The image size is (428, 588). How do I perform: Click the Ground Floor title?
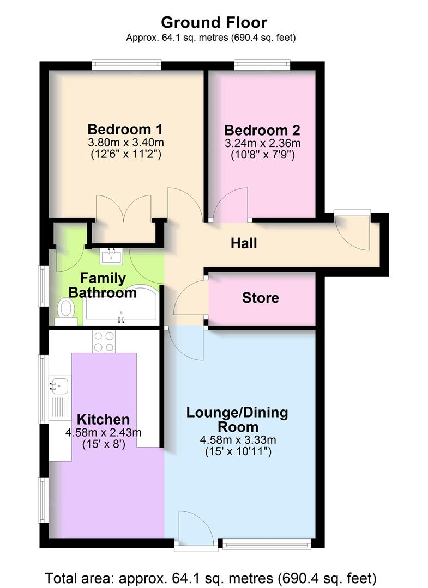[214, 22]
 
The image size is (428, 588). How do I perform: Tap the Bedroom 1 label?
[125, 130]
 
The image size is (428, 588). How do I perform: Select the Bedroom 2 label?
[262, 131]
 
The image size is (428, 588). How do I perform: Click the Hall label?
[244, 243]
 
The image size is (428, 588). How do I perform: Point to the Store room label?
[260, 298]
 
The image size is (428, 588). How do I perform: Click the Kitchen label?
[103, 419]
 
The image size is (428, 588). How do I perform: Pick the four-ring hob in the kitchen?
[104, 341]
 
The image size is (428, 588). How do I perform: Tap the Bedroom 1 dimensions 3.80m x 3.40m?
[125, 143]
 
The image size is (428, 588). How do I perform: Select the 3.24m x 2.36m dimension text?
[262, 144]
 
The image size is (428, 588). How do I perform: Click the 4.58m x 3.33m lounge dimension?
[237, 439]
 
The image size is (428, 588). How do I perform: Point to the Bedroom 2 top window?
[262, 64]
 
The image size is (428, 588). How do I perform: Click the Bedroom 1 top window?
[126, 64]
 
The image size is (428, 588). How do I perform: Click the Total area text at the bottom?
[210, 577]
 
